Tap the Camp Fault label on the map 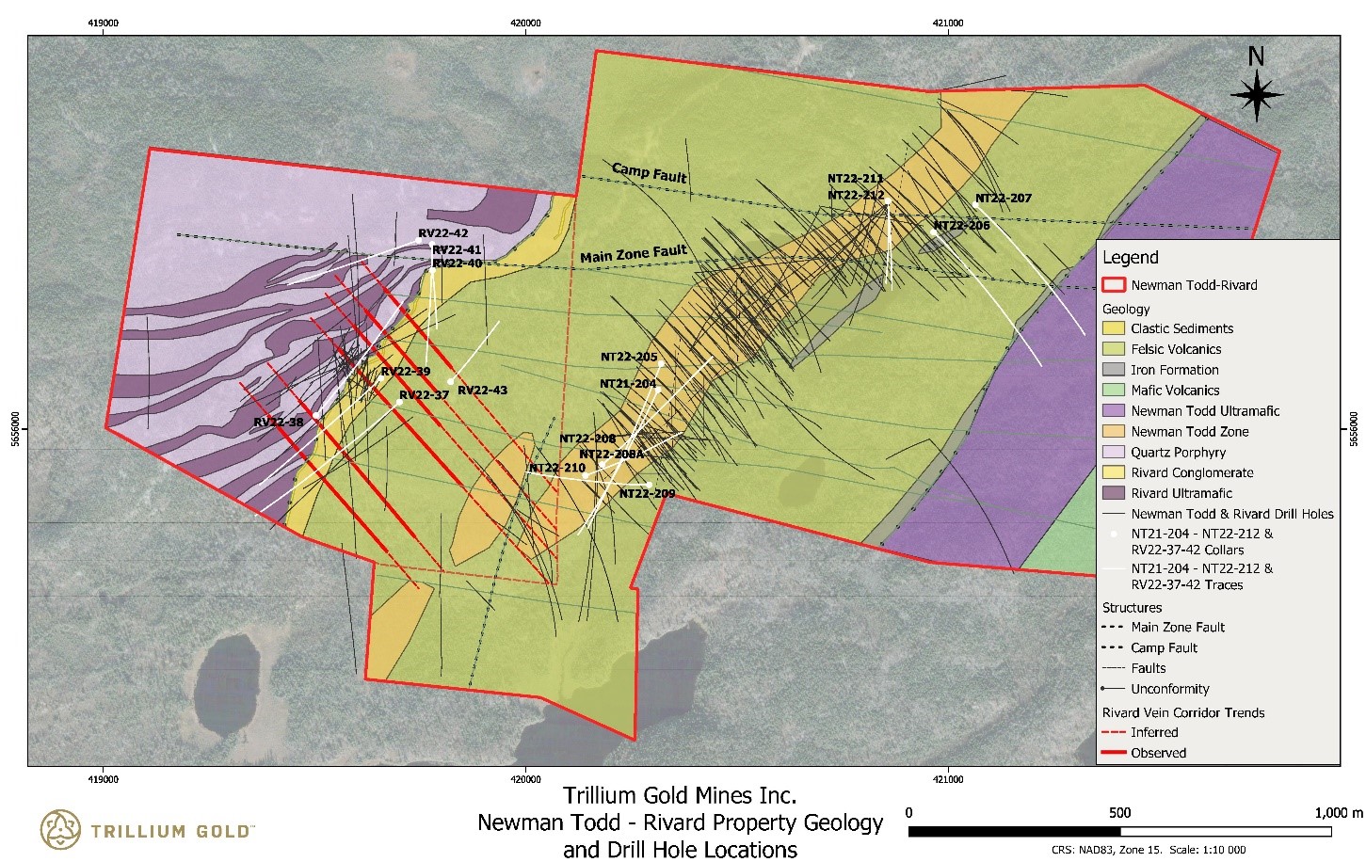(x=650, y=173)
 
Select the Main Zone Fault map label (x=633, y=254)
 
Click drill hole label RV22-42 (x=442, y=233)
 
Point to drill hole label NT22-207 (x=1003, y=199)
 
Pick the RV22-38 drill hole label (x=279, y=423)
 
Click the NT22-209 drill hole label (x=647, y=493)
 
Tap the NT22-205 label (x=629, y=358)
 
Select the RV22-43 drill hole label (x=482, y=391)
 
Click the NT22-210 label (x=556, y=468)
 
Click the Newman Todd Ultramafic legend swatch (x=1114, y=411)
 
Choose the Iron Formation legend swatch (x=1114, y=370)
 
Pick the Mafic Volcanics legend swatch (x=1114, y=391)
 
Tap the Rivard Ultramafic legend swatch (x=1114, y=493)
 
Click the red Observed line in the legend (x=1114, y=753)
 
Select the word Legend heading (x=1130, y=258)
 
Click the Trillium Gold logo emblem (x=61, y=829)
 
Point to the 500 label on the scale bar (x=1119, y=813)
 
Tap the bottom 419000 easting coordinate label (x=103, y=779)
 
